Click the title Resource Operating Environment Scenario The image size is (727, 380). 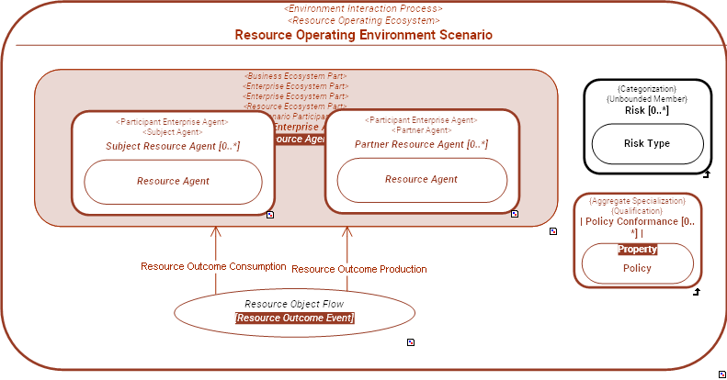click(x=363, y=35)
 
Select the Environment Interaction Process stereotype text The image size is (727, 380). click(x=363, y=8)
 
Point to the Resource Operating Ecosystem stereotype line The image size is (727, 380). click(x=363, y=20)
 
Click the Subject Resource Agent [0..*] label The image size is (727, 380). click(x=173, y=146)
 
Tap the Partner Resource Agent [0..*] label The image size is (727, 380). click(x=421, y=144)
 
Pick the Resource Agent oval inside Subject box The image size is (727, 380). click(x=173, y=182)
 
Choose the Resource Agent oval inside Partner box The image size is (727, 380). click(x=422, y=180)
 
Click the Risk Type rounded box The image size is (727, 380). click(x=646, y=143)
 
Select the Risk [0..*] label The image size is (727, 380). click(x=646, y=110)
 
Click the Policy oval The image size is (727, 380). click(x=637, y=268)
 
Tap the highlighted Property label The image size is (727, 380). click(x=637, y=250)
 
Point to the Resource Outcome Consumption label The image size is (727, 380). click(x=213, y=267)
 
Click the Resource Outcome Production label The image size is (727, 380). click(x=359, y=270)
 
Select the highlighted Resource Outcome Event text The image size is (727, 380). click(x=294, y=319)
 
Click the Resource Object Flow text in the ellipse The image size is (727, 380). click(x=294, y=304)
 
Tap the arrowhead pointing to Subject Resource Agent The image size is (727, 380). click(x=216, y=230)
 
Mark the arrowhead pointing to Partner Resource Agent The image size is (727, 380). click(x=347, y=230)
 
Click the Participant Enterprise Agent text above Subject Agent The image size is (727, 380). click(x=173, y=121)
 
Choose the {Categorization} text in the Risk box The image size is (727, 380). click(x=646, y=88)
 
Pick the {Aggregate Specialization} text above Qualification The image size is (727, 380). click(x=637, y=200)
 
